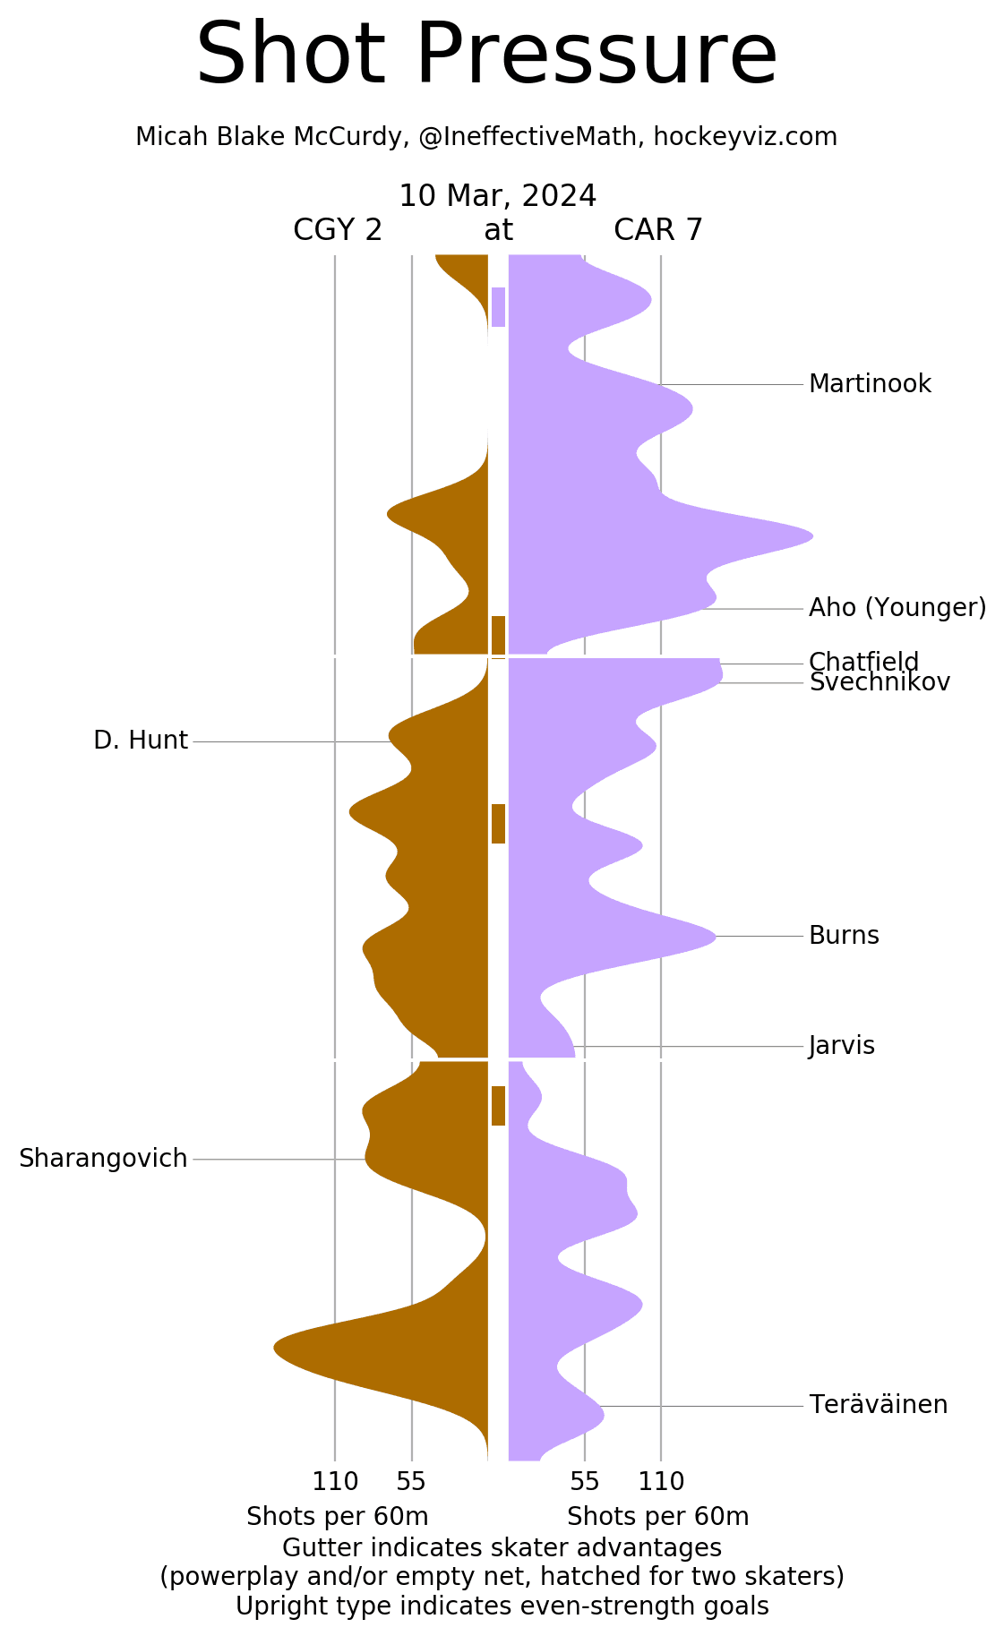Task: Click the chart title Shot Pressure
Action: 486,56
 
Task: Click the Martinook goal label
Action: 870,384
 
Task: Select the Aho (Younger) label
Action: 897,608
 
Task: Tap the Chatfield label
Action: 863,662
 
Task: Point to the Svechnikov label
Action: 880,683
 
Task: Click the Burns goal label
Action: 844,936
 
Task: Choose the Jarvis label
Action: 841,1046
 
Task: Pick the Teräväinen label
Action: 878,1405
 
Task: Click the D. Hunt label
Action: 141,741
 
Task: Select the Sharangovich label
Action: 103,1159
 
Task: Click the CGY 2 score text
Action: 338,231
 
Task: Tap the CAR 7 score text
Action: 658,231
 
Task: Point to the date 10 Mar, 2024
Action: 498,196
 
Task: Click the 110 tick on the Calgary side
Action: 335,1482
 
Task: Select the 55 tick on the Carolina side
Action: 585,1482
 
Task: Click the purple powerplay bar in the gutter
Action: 498,307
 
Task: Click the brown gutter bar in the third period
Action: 498,1106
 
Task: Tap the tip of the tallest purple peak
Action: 811,536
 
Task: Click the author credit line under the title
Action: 486,137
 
